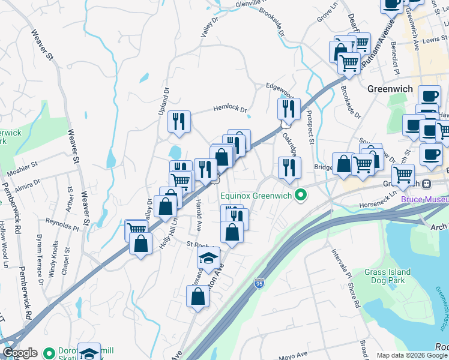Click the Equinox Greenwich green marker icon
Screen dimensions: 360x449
(302, 195)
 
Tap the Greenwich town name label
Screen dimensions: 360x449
(390, 89)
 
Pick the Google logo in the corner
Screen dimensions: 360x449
(19, 353)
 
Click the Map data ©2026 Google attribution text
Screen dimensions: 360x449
(412, 355)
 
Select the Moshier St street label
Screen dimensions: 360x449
(22, 164)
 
